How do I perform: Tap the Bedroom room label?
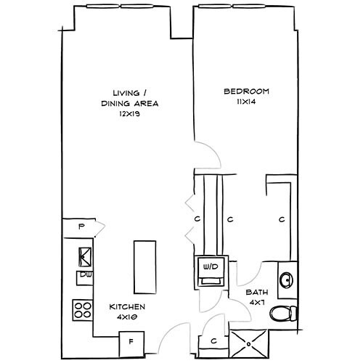(x=246, y=91)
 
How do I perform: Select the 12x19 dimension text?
(x=130, y=115)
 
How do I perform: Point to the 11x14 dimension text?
(x=246, y=103)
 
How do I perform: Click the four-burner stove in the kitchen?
(x=82, y=310)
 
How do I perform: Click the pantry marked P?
(x=82, y=227)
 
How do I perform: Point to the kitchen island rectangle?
(x=142, y=264)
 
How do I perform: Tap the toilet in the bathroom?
(x=283, y=313)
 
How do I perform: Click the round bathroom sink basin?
(x=286, y=280)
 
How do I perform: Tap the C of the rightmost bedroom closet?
(x=281, y=218)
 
